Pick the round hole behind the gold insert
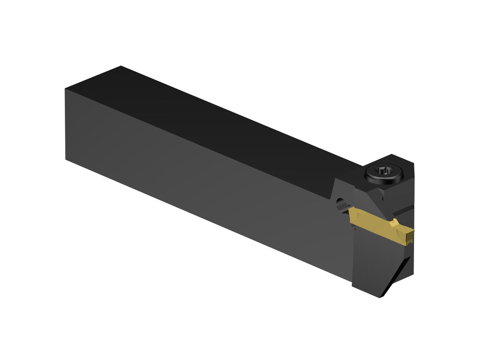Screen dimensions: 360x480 click(x=341, y=204)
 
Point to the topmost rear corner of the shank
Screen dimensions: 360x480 click(x=121, y=66)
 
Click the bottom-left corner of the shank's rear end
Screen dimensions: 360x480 click(x=66, y=159)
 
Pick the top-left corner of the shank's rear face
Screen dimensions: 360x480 click(x=65, y=89)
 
